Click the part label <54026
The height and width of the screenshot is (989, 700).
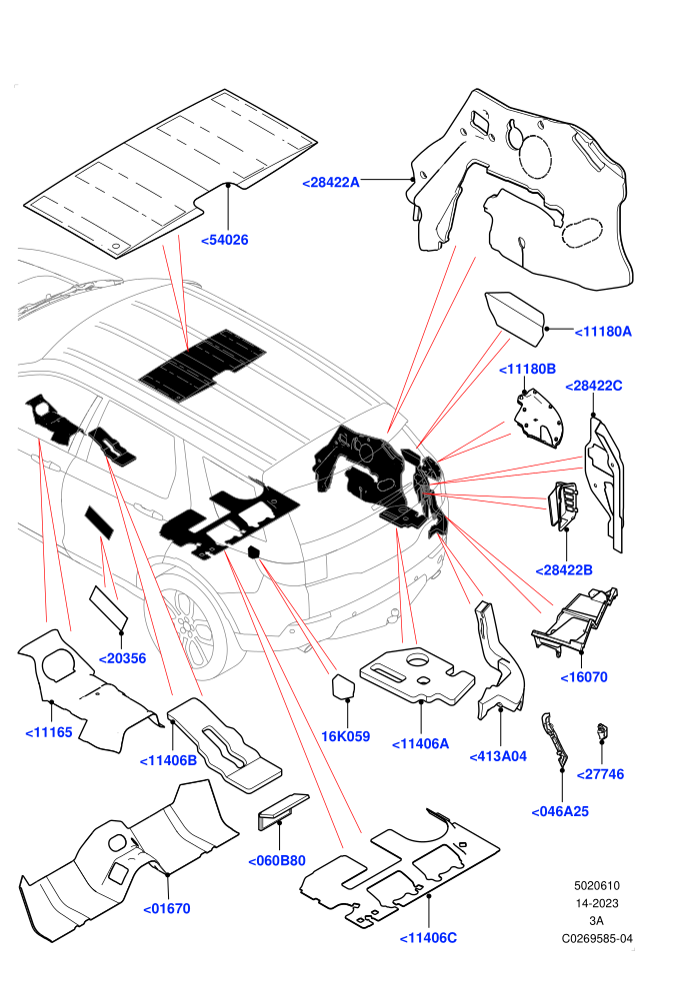[225, 240]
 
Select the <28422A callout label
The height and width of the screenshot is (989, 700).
[331, 182]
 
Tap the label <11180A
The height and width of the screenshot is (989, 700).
[603, 331]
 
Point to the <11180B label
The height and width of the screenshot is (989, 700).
[527, 369]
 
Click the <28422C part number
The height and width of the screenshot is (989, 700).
[593, 386]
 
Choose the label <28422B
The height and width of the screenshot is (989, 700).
[564, 570]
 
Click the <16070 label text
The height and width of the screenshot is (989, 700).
[584, 676]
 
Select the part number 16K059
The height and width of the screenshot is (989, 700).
[345, 736]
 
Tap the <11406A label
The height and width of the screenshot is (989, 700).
[420, 743]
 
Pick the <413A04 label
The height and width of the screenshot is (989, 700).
[498, 756]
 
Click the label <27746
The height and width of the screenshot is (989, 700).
[600, 774]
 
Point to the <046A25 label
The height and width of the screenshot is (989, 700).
[560, 812]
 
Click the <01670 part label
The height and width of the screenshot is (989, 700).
[167, 908]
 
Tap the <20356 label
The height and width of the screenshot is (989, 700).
[122, 658]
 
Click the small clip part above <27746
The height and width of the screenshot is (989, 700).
[602, 731]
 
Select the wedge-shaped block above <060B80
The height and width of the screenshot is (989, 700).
[282, 810]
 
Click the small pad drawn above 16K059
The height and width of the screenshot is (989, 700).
[345, 686]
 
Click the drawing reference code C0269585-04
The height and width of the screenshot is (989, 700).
[596, 938]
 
